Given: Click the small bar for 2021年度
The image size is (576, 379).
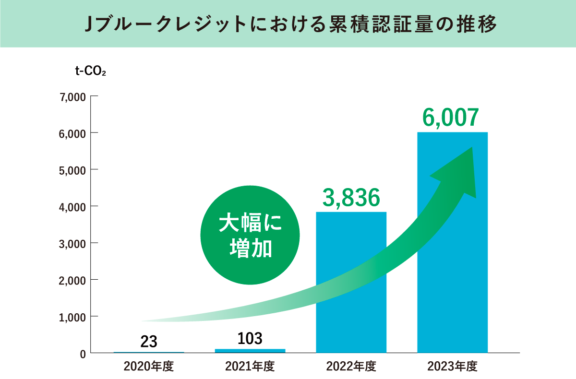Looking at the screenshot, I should pos(250,351).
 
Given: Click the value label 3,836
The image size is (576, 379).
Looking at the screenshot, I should pos(351,197).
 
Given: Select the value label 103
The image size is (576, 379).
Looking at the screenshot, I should pos(250,338).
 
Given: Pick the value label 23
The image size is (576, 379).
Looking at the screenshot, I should pos(149,342).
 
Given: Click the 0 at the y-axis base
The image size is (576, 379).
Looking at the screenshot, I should pos(82,354).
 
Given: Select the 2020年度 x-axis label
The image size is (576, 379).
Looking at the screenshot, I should pos(148,367).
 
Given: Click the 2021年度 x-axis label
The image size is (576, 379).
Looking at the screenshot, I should pos(250,367).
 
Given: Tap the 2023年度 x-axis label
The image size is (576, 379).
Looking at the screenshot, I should pos(452,367).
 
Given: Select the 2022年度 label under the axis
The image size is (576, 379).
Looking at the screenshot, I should pos(351,367).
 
